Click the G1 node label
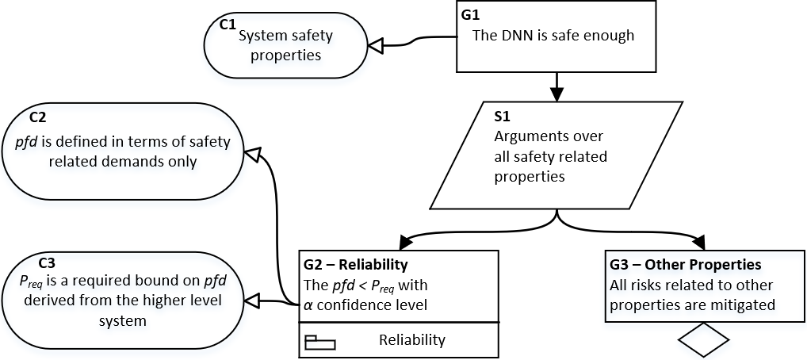pos(471,15)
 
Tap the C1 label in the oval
pos(228,25)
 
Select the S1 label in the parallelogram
pos(502,117)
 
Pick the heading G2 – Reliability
pos(356,265)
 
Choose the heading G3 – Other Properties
pos(686,265)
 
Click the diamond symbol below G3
pos(704,339)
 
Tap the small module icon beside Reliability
pos(320,343)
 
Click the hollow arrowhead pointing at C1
pos(375,46)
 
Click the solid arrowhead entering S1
pos(556,94)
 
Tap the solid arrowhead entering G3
pos(701,241)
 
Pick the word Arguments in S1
pos(530,137)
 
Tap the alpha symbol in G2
pos(308,305)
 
